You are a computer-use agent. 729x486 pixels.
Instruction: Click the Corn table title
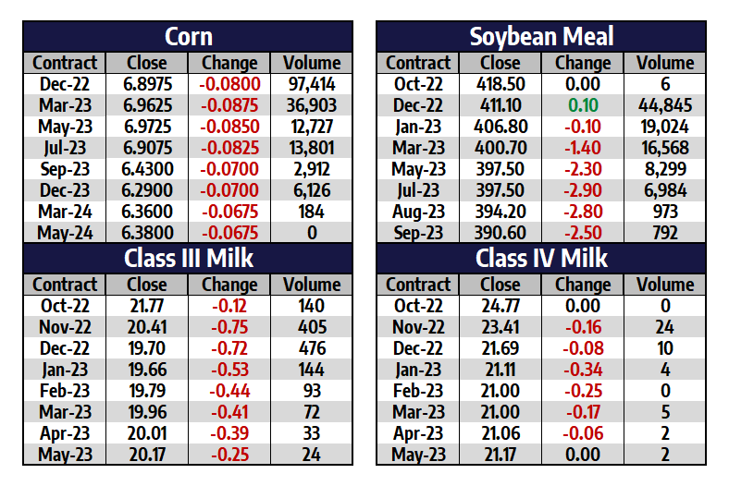[x=188, y=37]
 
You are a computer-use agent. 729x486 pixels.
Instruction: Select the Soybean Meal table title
[x=541, y=37]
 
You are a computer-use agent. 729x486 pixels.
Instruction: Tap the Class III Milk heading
[x=188, y=259]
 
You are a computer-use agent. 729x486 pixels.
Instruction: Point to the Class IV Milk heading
[x=541, y=259]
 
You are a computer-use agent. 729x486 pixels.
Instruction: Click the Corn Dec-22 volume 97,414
[x=311, y=84]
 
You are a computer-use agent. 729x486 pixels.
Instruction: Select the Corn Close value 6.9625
[x=147, y=105]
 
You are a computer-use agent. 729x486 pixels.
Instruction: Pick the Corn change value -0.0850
[x=229, y=127]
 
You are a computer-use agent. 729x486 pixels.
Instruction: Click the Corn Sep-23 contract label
[x=65, y=169]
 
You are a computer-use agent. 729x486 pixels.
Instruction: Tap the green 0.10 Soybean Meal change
[x=583, y=105]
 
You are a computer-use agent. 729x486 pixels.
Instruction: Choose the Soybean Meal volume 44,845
[x=665, y=105]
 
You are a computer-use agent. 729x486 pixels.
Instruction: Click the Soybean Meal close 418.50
[x=500, y=84]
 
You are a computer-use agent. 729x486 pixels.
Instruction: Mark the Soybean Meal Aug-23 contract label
[x=418, y=212]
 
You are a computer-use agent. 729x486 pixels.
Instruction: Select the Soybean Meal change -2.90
[x=583, y=190]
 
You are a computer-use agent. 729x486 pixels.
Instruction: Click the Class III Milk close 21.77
[x=147, y=306]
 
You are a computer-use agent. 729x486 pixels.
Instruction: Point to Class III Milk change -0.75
[x=229, y=327]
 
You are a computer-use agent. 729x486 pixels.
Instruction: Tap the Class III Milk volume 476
[x=311, y=348]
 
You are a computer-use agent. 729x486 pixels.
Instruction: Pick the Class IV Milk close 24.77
[x=500, y=306]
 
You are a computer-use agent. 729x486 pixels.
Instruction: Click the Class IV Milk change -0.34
[x=583, y=370]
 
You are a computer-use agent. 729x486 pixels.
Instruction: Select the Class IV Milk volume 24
[x=665, y=327]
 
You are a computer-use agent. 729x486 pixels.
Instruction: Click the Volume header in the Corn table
[x=311, y=63]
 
